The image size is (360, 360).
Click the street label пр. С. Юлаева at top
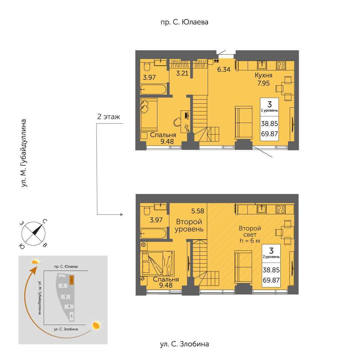tap(184, 22)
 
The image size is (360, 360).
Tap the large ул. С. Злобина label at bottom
tap(184, 344)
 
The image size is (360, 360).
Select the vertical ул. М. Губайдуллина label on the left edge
tap(24, 153)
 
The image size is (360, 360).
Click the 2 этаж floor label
tap(109, 117)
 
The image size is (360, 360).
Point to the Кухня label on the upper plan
tap(264, 75)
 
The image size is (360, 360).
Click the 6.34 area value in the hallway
tap(224, 69)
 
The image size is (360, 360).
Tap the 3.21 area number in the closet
tap(182, 73)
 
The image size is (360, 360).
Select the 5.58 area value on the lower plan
tap(198, 211)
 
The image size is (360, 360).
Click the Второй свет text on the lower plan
tap(250, 231)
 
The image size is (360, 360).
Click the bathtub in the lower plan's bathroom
tap(153, 233)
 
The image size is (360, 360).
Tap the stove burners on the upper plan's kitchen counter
tap(281, 66)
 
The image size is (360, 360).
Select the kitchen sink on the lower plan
tap(262, 209)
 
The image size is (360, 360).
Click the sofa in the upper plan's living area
tap(244, 123)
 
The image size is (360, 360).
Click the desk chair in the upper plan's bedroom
tap(177, 122)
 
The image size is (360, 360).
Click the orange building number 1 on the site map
tap(72, 280)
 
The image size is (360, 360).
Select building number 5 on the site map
tap(72, 316)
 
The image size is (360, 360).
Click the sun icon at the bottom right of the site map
tap(96, 326)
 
